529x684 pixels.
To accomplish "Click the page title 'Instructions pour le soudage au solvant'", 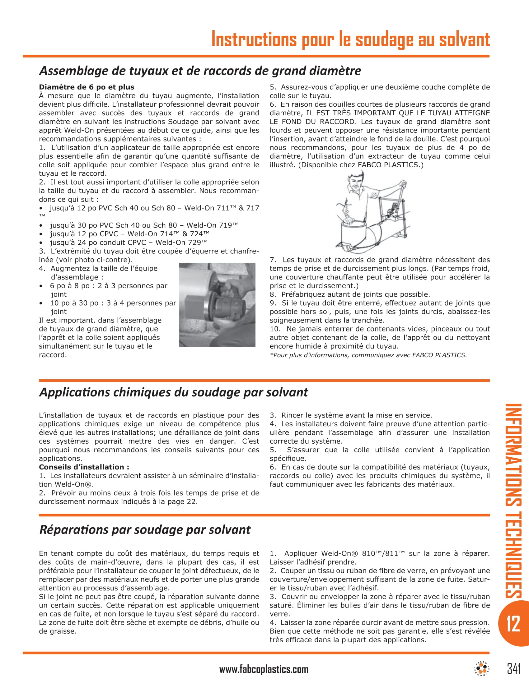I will (x=350, y=39).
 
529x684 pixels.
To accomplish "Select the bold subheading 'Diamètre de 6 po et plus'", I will (x=87, y=87).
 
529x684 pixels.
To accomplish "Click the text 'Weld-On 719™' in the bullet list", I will (x=213, y=225).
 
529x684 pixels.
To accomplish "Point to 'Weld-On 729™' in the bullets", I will (x=181, y=243).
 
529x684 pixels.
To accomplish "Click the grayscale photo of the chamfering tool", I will (x=217, y=304).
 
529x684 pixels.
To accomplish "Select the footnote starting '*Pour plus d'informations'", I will (x=368, y=355).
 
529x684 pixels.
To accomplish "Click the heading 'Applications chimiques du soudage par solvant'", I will (x=174, y=392).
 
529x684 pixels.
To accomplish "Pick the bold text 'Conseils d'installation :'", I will (x=84, y=467).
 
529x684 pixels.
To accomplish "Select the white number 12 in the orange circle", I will (x=513, y=624).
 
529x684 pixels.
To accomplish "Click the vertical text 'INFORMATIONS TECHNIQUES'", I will (x=513, y=501).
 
